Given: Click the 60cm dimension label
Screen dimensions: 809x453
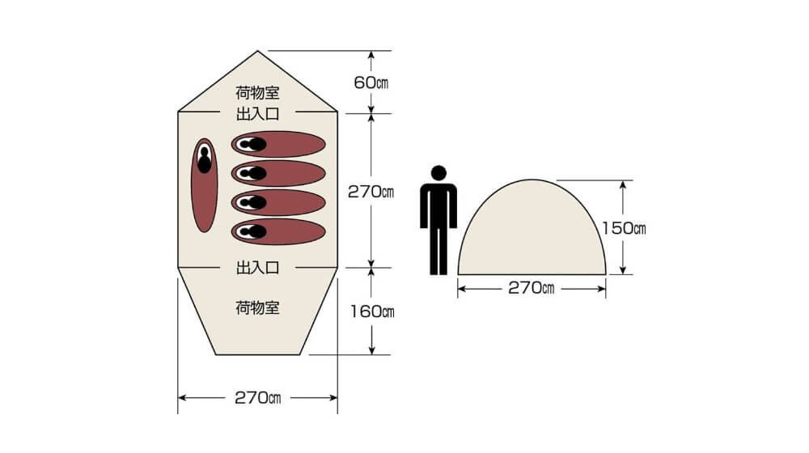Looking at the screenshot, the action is (371, 83).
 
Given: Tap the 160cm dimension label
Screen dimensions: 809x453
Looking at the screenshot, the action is (372, 311).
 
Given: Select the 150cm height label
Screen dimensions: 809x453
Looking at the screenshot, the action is (624, 228).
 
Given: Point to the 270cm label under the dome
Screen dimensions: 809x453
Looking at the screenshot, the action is (532, 288).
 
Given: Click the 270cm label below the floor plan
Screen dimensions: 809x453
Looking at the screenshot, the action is (257, 398).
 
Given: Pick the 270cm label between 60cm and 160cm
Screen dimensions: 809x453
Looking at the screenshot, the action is (371, 192).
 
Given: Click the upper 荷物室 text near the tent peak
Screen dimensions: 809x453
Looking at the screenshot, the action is (257, 93).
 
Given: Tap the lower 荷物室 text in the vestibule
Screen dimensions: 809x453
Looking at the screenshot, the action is (257, 308).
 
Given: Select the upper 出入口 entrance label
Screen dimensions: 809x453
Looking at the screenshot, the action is (257, 114).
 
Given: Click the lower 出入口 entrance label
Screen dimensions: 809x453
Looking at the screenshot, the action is (257, 268).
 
